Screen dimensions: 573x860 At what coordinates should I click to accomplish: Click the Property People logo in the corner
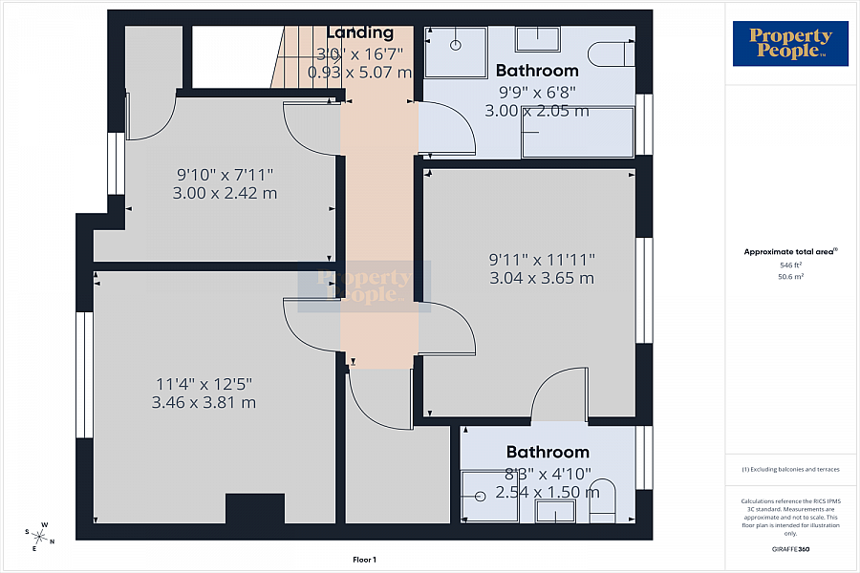[x=790, y=44]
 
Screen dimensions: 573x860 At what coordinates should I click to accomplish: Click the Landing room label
[x=360, y=33]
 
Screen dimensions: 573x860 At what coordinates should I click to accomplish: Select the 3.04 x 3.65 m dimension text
[x=542, y=278]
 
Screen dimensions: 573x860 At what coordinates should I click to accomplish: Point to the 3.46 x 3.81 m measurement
[x=204, y=402]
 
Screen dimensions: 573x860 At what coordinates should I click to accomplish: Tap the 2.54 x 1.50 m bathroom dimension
[x=548, y=493]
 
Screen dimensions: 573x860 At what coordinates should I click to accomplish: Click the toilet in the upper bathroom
[x=610, y=53]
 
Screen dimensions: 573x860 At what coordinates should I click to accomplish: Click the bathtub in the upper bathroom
[x=577, y=132]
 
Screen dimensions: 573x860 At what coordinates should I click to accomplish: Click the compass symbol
[x=40, y=535]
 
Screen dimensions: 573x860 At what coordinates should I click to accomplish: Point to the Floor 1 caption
[x=365, y=560]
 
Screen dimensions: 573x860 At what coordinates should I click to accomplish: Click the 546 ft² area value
[x=790, y=265]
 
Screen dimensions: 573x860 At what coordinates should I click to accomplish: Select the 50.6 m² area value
[x=790, y=276]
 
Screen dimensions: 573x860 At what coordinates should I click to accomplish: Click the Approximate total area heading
[x=789, y=252]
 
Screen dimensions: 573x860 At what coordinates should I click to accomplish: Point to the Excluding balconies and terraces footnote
[x=790, y=469]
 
